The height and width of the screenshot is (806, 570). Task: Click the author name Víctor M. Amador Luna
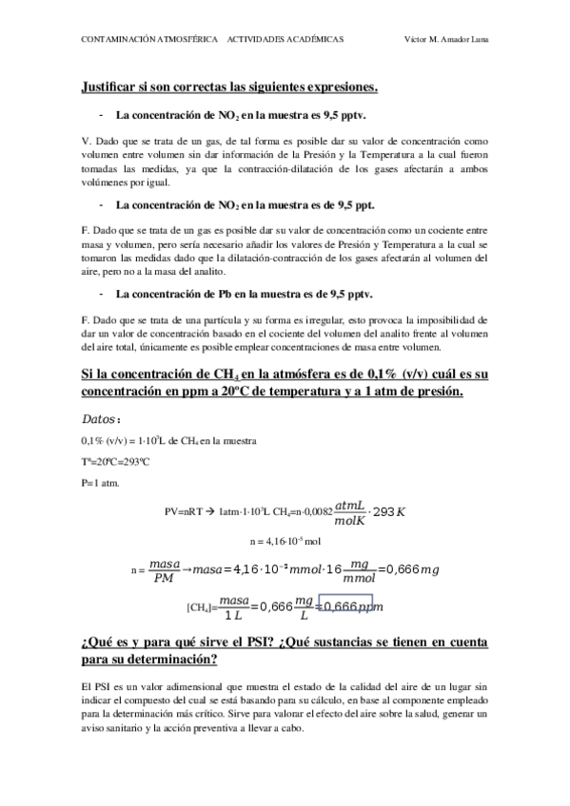coord(452,41)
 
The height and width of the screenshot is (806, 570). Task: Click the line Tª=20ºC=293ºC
coord(116,461)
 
